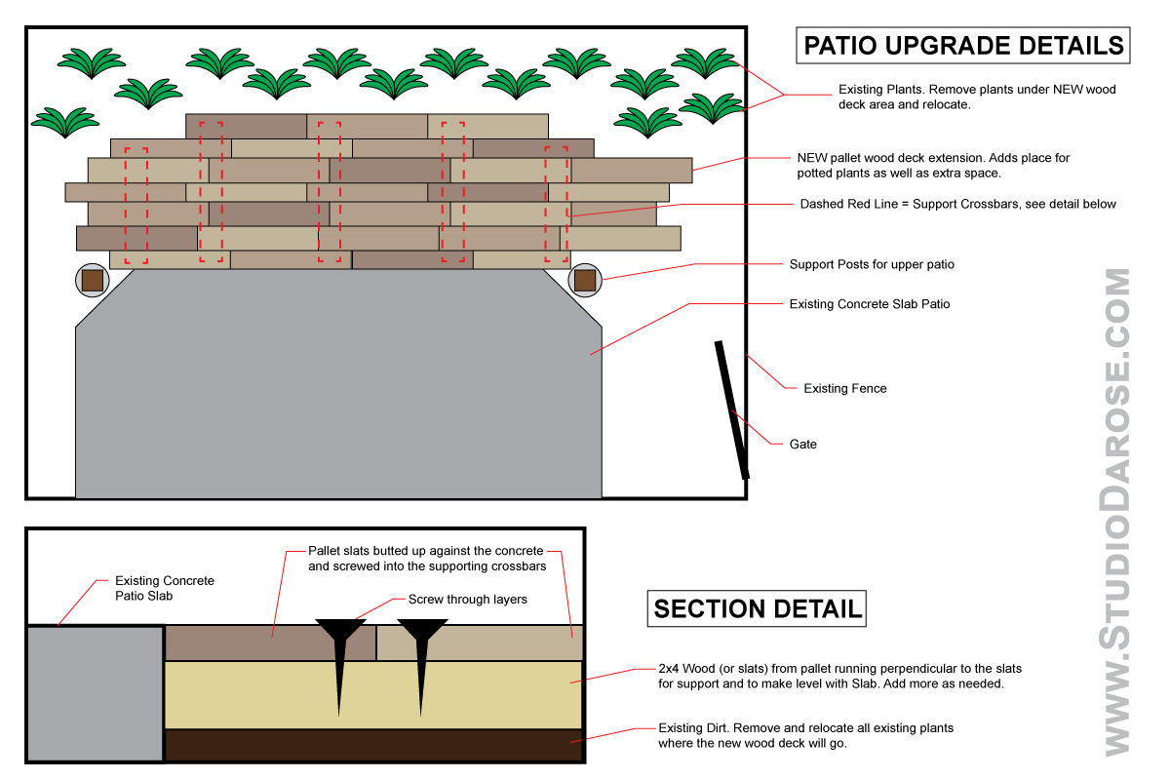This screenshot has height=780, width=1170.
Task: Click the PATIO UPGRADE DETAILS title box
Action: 963,46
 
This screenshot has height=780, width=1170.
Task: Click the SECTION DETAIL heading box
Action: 758,609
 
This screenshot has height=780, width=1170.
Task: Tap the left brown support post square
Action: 93,281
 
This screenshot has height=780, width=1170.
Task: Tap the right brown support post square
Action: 585,281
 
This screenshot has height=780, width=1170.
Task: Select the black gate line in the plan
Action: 732,409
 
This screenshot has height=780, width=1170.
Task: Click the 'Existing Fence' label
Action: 844,388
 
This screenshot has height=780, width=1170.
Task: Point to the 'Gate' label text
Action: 802,444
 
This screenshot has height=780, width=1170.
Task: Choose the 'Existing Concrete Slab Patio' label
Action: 869,304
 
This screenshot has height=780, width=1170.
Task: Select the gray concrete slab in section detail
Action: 95,693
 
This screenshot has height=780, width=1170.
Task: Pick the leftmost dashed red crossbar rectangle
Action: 136,206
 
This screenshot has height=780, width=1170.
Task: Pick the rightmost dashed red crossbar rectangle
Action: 556,204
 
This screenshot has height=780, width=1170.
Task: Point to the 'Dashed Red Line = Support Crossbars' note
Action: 957,204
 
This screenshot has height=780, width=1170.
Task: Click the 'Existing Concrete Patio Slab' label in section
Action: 164,588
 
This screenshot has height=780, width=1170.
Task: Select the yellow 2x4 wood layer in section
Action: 487,694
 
